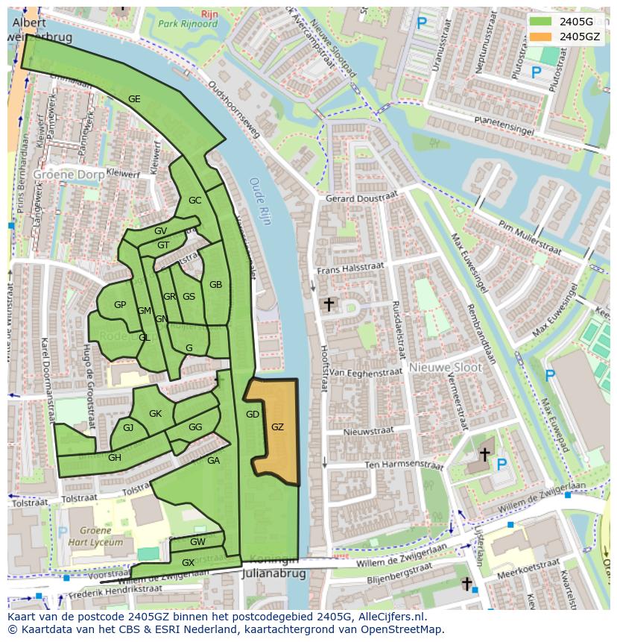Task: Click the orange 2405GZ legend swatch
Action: click(542, 36)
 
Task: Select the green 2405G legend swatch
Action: click(542, 21)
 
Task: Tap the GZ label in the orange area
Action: click(277, 427)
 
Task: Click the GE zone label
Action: click(134, 98)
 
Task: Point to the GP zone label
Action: click(120, 304)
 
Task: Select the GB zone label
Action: click(215, 284)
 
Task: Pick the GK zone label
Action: click(155, 413)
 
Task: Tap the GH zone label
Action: click(114, 457)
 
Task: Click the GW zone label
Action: click(197, 541)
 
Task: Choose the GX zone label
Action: click(188, 562)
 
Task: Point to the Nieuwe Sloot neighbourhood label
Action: click(446, 368)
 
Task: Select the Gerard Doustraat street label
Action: click(361, 198)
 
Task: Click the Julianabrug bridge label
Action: click(274, 574)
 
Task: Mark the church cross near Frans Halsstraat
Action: click(328, 303)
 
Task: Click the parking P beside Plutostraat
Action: click(535, 72)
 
